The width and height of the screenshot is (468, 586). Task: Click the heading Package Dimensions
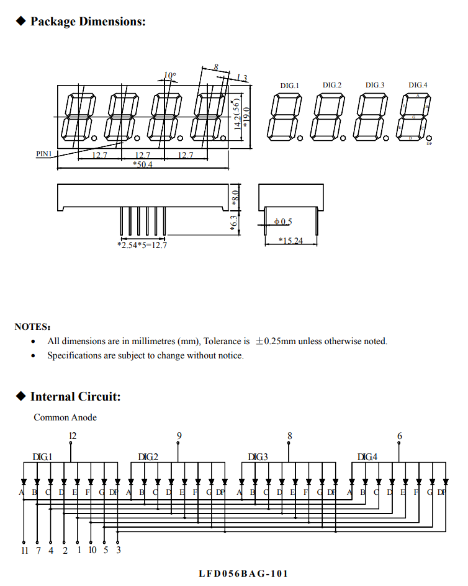(x=88, y=22)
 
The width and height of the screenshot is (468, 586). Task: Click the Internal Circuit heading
(x=75, y=397)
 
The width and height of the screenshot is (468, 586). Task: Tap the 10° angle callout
(x=169, y=76)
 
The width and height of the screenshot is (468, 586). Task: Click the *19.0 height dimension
(x=246, y=117)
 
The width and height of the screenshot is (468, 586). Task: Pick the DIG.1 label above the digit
(x=289, y=86)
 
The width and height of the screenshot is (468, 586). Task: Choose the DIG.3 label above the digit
(x=374, y=86)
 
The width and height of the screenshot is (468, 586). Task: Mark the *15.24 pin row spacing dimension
(x=290, y=241)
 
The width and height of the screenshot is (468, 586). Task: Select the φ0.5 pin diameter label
(x=282, y=221)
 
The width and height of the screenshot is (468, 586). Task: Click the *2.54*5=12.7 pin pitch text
(x=142, y=245)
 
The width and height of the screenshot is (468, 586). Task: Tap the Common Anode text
(x=65, y=417)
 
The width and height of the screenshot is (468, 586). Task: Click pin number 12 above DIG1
(x=73, y=436)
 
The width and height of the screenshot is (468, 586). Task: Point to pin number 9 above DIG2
(x=179, y=436)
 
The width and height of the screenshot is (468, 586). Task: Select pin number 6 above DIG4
(x=399, y=436)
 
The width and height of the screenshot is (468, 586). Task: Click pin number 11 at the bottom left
(x=24, y=550)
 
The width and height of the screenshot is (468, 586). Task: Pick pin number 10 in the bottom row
(x=92, y=550)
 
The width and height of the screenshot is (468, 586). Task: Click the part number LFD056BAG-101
(x=243, y=574)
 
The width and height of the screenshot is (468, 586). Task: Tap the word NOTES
(x=32, y=327)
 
